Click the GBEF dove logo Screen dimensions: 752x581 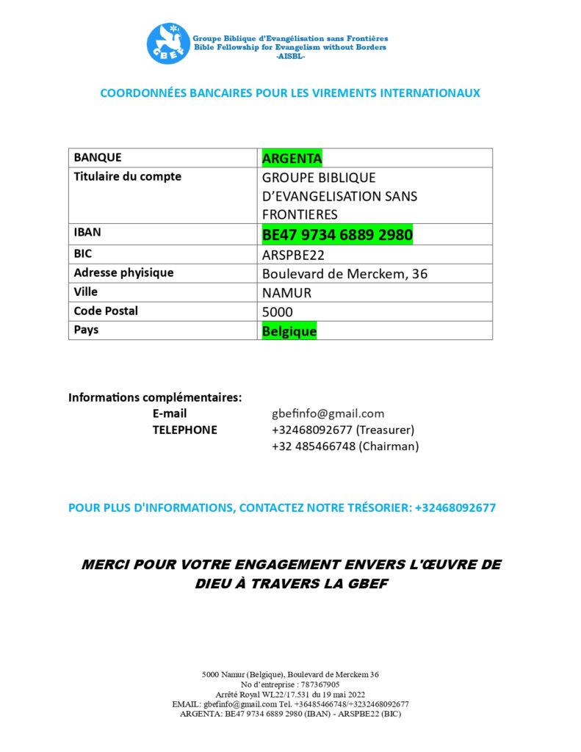168,44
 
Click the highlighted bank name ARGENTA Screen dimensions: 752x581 292,158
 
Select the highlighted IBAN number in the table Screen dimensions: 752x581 337,234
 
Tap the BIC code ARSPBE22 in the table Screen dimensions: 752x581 293,255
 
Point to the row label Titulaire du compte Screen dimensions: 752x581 127,176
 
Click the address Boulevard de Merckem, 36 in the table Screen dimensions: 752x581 344,274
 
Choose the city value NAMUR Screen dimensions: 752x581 286,293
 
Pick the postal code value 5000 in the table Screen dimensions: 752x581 278,312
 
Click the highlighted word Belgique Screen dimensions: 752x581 289,331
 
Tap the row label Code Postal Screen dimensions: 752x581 106,311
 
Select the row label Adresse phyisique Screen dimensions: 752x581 123,272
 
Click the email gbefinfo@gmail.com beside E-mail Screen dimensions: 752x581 328,413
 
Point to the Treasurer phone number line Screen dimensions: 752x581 343,430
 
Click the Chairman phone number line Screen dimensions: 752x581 344,446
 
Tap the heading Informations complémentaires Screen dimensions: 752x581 155,397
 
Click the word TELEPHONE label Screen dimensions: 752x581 184,430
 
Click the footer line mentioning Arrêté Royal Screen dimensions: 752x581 290,694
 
